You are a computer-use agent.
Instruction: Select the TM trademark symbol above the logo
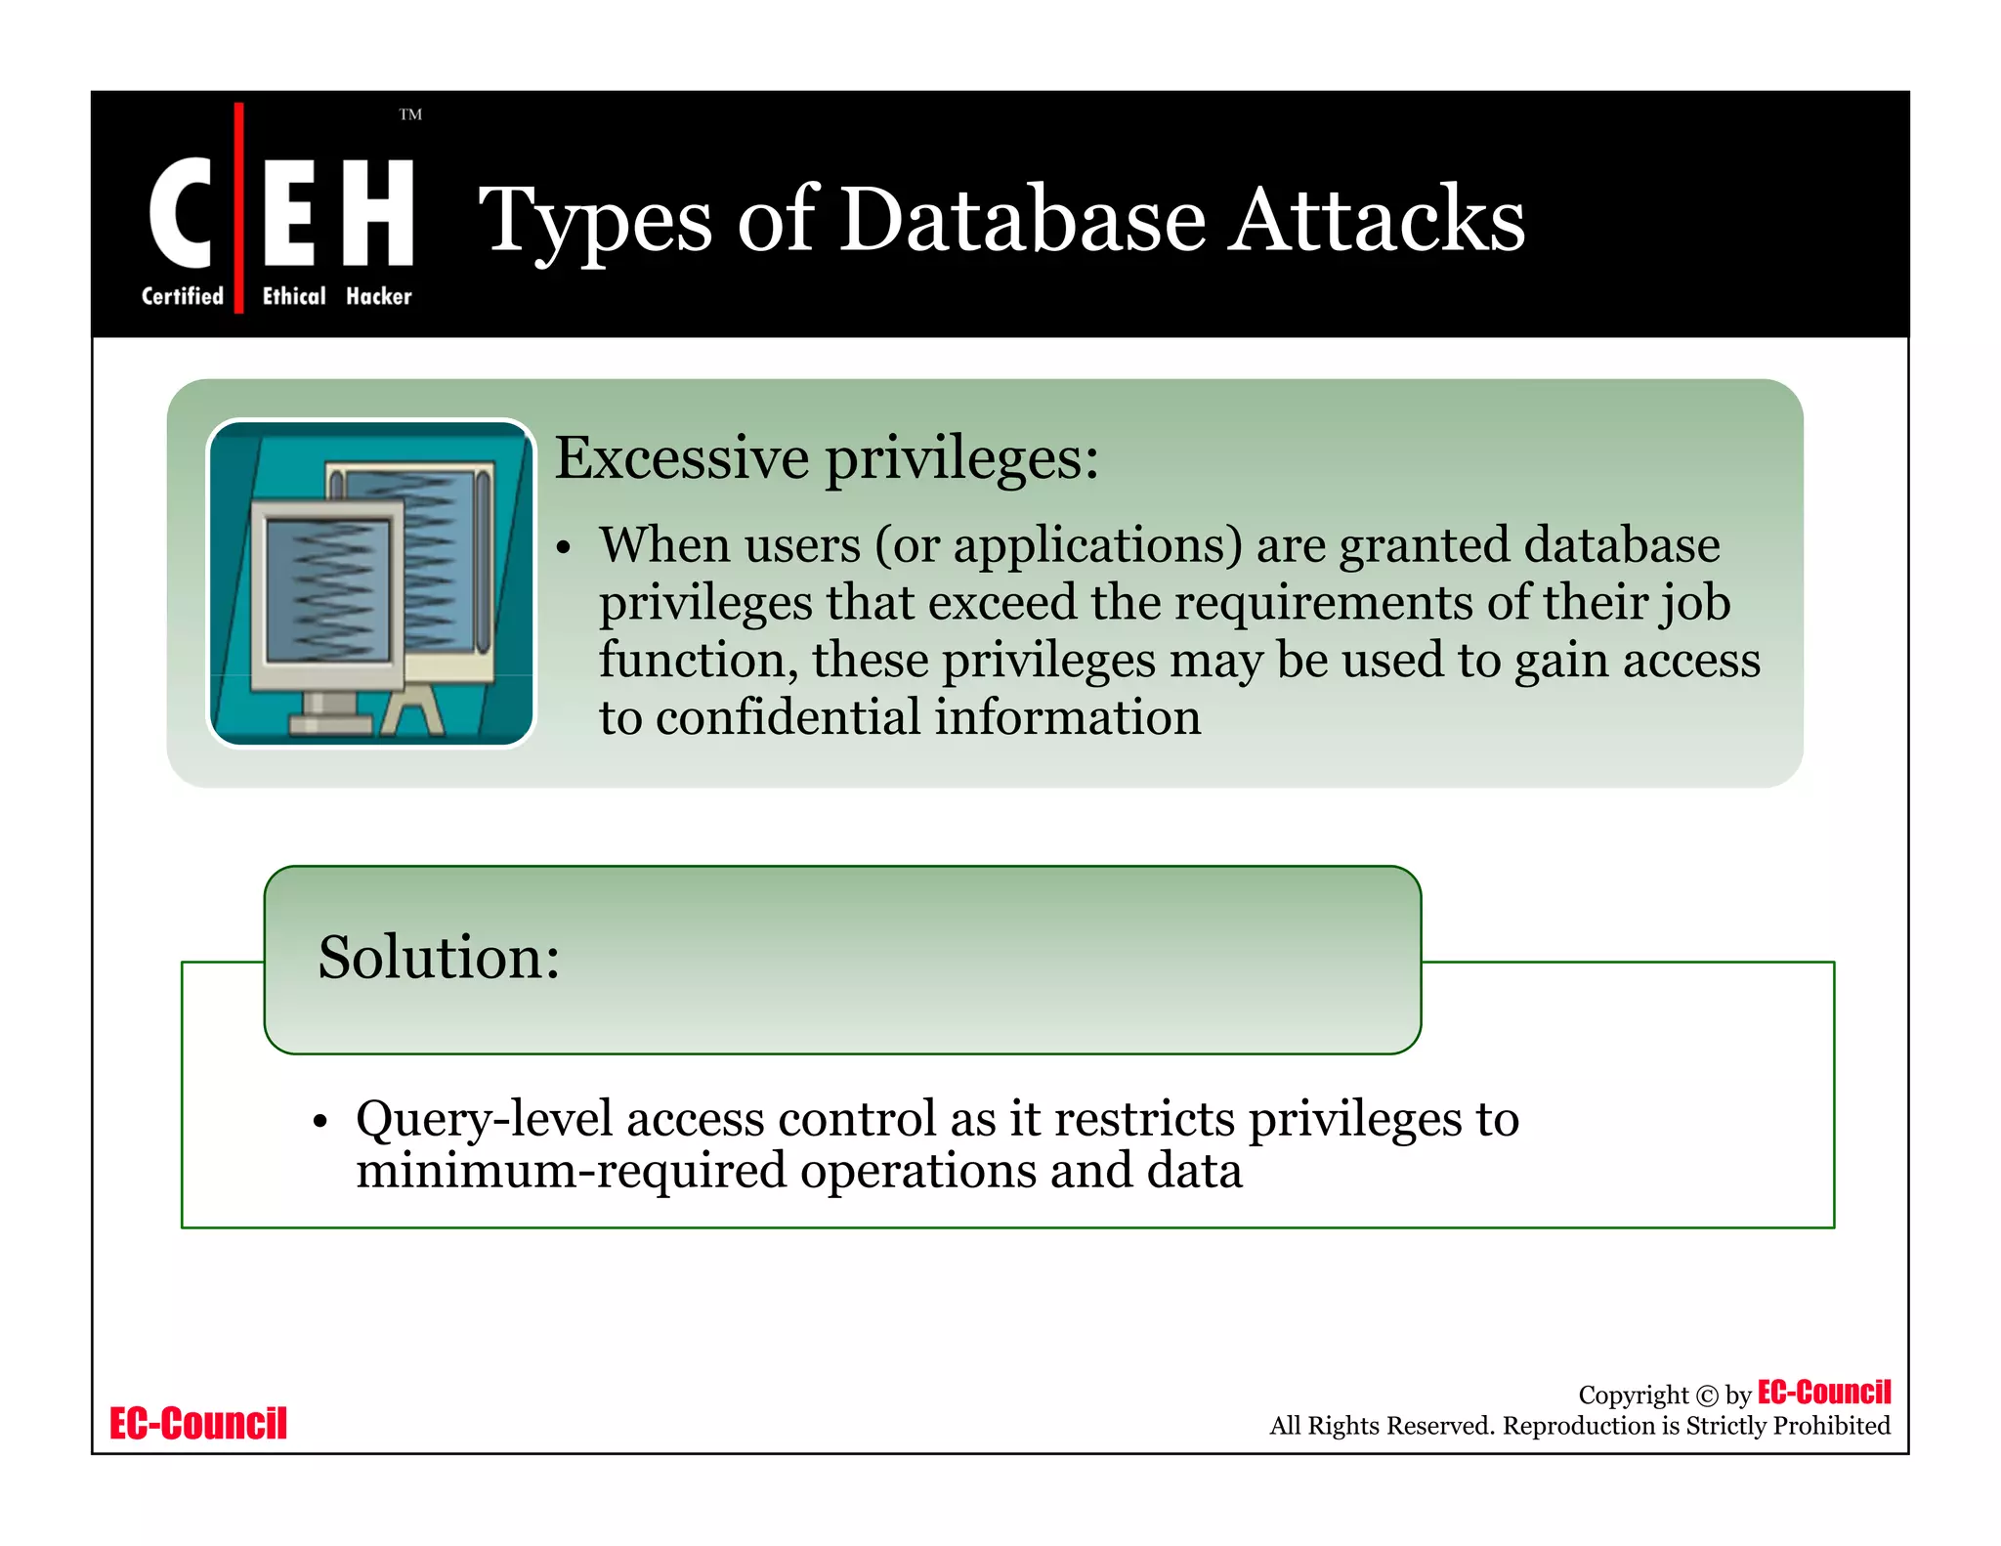(410, 114)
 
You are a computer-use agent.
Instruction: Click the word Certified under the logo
(183, 296)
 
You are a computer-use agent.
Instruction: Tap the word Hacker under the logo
(379, 296)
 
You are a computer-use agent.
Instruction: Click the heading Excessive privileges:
(827, 457)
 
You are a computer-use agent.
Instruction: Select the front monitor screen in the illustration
(327, 591)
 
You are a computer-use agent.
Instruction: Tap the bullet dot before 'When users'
(563, 548)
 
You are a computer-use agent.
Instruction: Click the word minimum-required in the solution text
(571, 1171)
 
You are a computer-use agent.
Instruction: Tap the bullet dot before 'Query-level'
(319, 1122)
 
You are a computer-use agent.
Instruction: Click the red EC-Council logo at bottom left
(198, 1423)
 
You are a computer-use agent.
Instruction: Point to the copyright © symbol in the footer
(1706, 1396)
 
